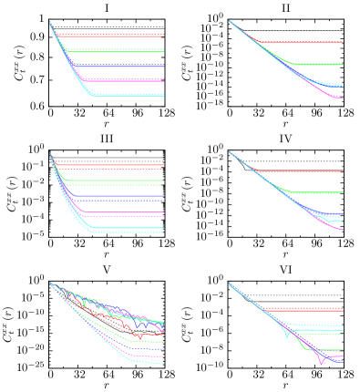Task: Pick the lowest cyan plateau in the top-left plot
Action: [x=128, y=96]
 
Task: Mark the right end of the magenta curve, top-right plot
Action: [x=342, y=98]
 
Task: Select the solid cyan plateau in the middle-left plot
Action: [x=128, y=227]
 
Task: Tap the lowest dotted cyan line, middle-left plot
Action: [x=128, y=232]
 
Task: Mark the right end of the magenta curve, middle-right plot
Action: [x=342, y=230]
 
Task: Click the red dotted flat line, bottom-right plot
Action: [x=310, y=309]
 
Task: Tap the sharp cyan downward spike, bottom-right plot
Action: [x=287, y=336]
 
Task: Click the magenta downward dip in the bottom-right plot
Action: [x=321, y=363]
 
